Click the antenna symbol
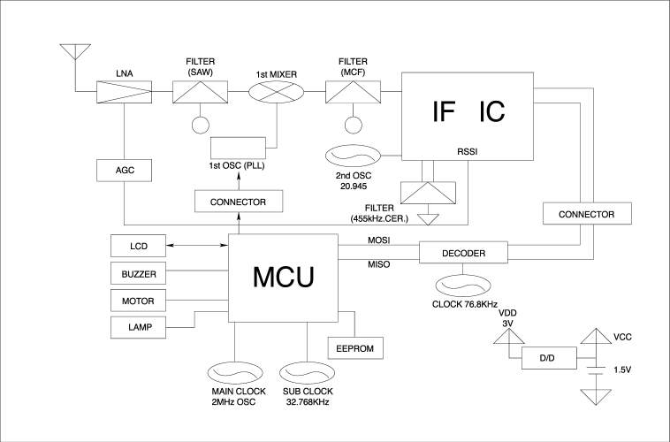72,50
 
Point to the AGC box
123,170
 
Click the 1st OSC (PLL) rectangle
238,148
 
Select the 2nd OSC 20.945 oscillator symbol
354,157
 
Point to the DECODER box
464,254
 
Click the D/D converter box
545,358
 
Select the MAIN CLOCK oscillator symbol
235,371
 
